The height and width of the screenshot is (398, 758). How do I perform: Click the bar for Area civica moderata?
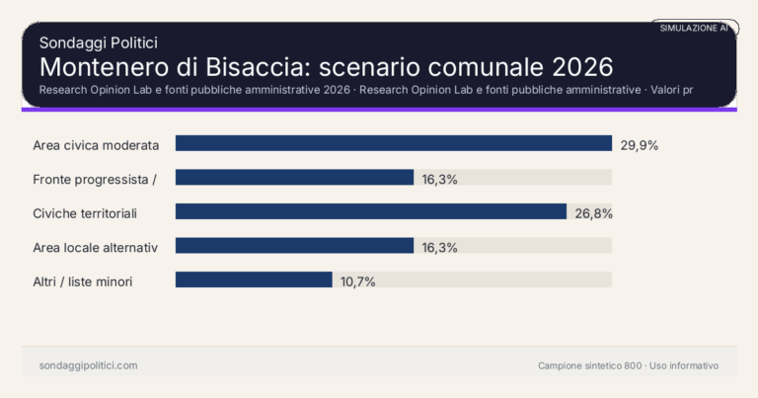pyautogui.click(x=394, y=143)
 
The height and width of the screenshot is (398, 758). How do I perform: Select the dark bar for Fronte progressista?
pyautogui.click(x=294, y=178)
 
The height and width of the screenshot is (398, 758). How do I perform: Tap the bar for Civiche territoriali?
pyautogui.click(x=371, y=211)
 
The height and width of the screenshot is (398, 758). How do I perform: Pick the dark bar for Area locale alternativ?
pyautogui.click(x=294, y=246)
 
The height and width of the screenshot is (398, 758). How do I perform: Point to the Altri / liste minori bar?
pyautogui.click(x=254, y=279)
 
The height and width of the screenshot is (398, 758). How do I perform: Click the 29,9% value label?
pyautogui.click(x=640, y=144)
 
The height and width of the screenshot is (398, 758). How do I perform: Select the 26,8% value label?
pyautogui.click(x=594, y=212)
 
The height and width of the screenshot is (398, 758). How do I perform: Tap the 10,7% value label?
pyautogui.click(x=358, y=280)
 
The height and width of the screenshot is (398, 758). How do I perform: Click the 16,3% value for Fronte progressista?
pyautogui.click(x=439, y=179)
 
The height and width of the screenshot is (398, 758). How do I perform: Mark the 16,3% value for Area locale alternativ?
pyautogui.click(x=439, y=247)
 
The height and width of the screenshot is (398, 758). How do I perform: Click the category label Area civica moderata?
pyautogui.click(x=96, y=144)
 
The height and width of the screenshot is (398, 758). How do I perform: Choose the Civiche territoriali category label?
pyautogui.click(x=85, y=212)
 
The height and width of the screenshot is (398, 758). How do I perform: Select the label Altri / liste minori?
pyautogui.click(x=83, y=281)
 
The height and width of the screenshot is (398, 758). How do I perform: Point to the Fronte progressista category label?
pyautogui.click(x=96, y=179)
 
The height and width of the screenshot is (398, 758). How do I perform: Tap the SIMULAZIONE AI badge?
pyautogui.click(x=694, y=29)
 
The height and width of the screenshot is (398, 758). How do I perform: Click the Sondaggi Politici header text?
pyautogui.click(x=99, y=42)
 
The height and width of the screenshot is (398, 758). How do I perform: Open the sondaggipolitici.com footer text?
pyautogui.click(x=88, y=365)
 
